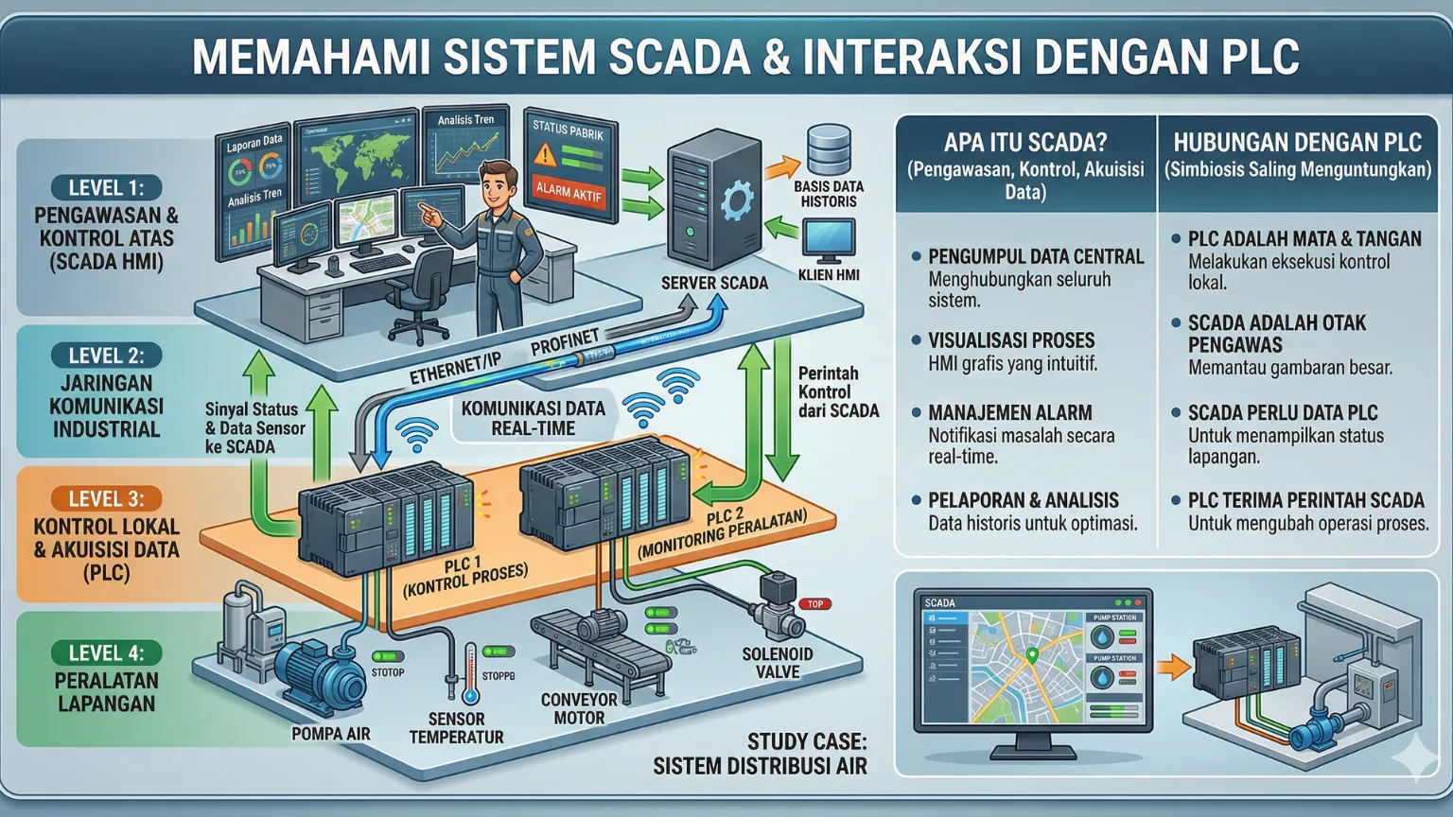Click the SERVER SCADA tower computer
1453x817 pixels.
pos(713,200)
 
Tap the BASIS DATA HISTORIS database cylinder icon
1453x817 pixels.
pos(829,150)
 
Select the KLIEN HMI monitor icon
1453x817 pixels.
pos(828,239)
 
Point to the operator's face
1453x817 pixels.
pos(498,185)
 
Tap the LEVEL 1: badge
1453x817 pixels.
pos(106,188)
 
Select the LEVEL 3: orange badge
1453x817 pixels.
pos(106,499)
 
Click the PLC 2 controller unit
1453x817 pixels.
pos(605,492)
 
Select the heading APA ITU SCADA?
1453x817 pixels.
pos(1024,143)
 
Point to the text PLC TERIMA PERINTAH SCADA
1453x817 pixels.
pos(1305,500)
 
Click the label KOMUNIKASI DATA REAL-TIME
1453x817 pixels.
pos(533,418)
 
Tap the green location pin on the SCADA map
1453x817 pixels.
pos(1032,654)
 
